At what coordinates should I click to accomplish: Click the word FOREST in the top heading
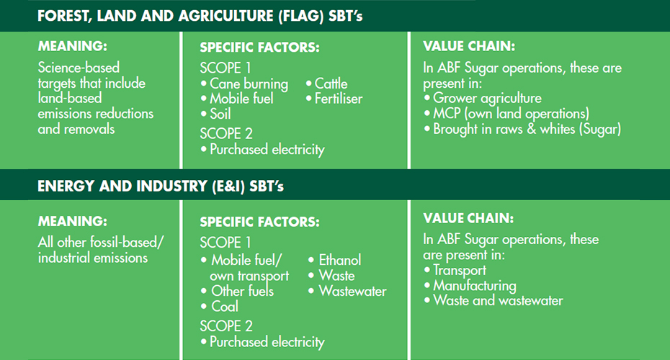click(63, 17)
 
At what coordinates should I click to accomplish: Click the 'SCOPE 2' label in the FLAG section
click(226, 134)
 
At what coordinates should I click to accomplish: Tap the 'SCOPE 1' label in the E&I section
click(225, 243)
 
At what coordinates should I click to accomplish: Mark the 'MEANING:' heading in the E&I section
click(73, 221)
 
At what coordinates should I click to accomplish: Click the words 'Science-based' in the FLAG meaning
click(79, 68)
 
